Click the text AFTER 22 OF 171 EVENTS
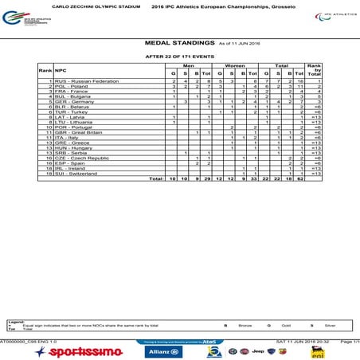(179, 57)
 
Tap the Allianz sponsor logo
(163, 351)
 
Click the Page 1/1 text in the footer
(350, 341)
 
